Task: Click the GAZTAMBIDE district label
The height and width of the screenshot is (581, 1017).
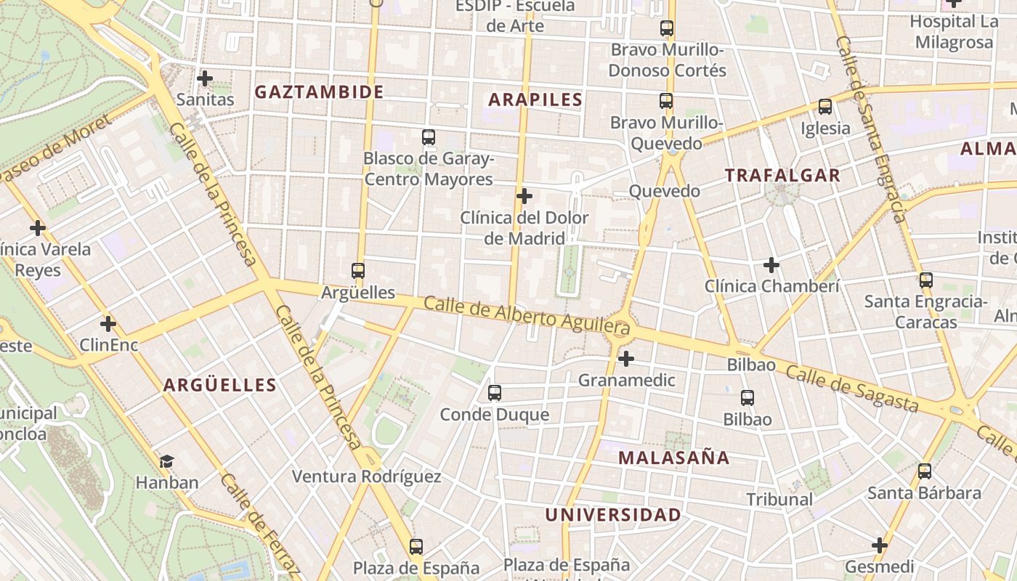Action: click(x=319, y=92)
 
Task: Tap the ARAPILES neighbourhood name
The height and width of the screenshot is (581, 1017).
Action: click(x=535, y=100)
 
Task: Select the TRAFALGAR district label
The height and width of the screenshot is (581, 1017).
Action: click(x=782, y=175)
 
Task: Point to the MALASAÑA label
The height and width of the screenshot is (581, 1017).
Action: click(x=673, y=458)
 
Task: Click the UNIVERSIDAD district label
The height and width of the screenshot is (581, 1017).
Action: click(x=613, y=515)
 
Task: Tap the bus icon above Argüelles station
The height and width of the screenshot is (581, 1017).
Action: click(x=358, y=271)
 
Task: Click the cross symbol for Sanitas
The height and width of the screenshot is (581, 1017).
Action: click(x=205, y=78)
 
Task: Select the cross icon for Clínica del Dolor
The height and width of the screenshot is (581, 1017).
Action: click(x=524, y=196)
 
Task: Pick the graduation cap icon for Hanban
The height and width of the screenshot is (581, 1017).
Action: click(x=167, y=461)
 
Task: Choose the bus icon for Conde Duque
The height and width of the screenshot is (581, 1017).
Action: click(x=495, y=393)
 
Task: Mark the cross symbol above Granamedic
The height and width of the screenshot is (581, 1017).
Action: click(x=626, y=358)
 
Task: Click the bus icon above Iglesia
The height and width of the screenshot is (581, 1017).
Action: click(x=825, y=107)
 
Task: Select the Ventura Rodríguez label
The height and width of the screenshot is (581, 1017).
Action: click(x=366, y=476)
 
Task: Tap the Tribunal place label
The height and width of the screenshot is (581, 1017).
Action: click(x=779, y=499)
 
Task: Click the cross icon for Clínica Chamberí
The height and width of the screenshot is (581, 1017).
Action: click(x=771, y=265)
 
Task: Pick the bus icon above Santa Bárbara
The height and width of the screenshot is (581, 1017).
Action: click(x=925, y=471)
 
